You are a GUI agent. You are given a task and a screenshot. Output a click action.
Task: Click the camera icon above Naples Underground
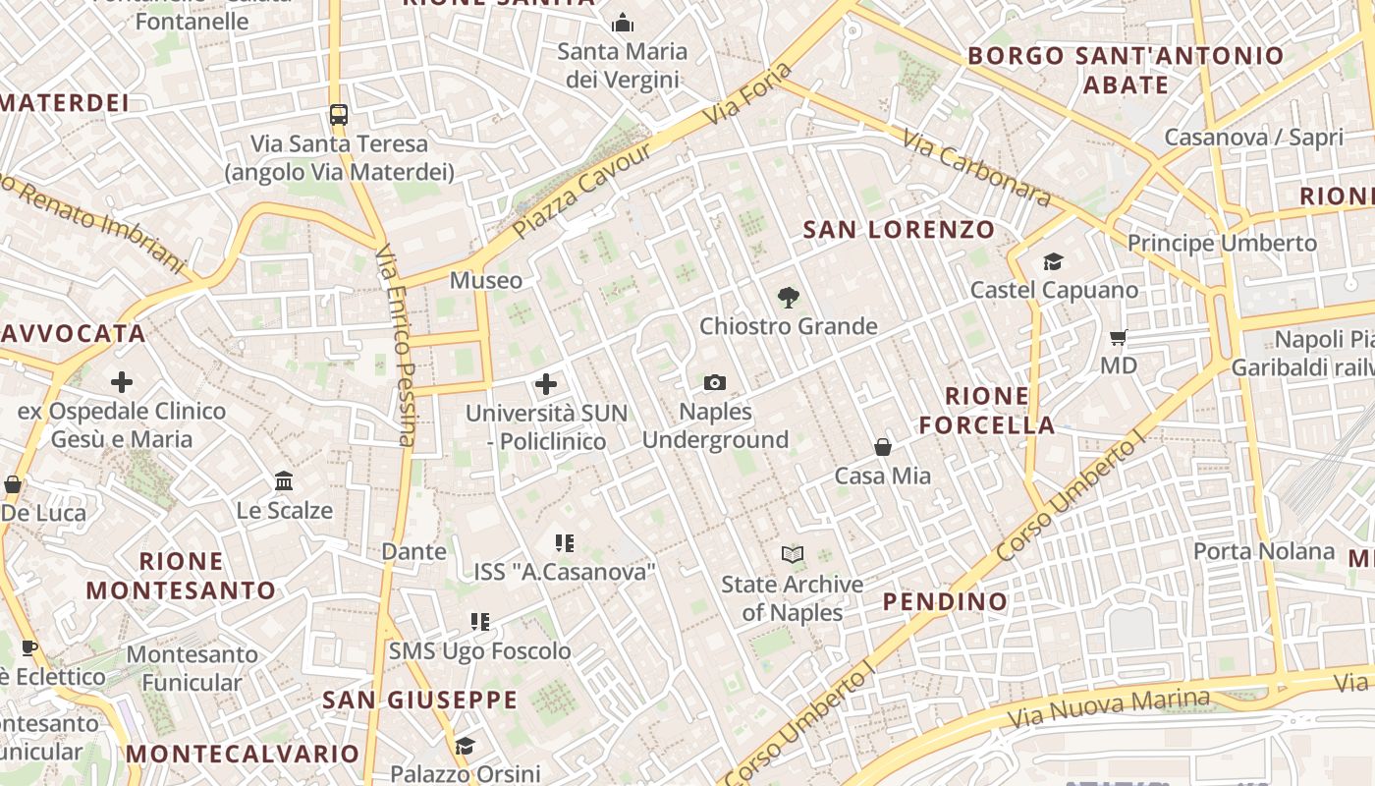(x=715, y=382)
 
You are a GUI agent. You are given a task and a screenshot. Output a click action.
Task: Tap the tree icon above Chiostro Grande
(x=787, y=297)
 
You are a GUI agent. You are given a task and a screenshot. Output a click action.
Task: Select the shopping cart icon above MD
(x=1118, y=338)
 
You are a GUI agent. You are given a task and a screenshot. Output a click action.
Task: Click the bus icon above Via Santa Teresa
(x=339, y=115)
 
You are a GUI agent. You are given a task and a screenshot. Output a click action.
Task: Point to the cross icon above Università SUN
(x=546, y=384)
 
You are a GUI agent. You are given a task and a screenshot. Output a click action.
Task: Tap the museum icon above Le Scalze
(x=285, y=481)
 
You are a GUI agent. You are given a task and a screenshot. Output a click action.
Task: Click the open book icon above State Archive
(x=793, y=555)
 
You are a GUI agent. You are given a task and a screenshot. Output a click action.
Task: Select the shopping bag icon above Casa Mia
(x=883, y=447)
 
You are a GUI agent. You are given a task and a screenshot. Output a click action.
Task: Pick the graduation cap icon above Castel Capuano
(x=1054, y=261)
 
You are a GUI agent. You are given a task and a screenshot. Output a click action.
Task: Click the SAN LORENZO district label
(x=900, y=230)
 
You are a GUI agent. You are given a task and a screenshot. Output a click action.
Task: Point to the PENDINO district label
(x=945, y=601)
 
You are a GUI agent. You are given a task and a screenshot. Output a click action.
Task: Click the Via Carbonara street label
(x=975, y=168)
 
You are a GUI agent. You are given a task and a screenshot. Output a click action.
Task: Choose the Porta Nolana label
(x=1264, y=551)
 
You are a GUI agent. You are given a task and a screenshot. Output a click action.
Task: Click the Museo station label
(x=486, y=281)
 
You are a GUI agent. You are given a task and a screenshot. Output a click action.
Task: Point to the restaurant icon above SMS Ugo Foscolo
(x=480, y=622)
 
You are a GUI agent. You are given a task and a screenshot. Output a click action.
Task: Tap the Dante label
(x=413, y=551)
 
